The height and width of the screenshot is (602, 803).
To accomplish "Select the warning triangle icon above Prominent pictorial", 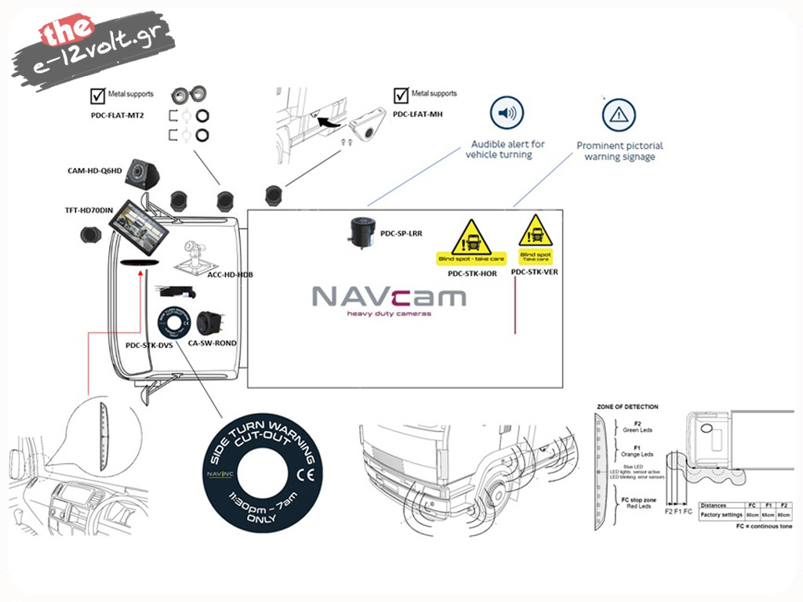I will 619,115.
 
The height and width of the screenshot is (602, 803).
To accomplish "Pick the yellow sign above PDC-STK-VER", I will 536,238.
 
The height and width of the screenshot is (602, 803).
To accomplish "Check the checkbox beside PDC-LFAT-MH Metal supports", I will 401,96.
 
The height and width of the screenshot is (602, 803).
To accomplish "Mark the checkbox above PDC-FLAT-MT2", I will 98,96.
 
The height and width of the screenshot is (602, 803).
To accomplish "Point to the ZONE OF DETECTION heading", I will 627,407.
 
